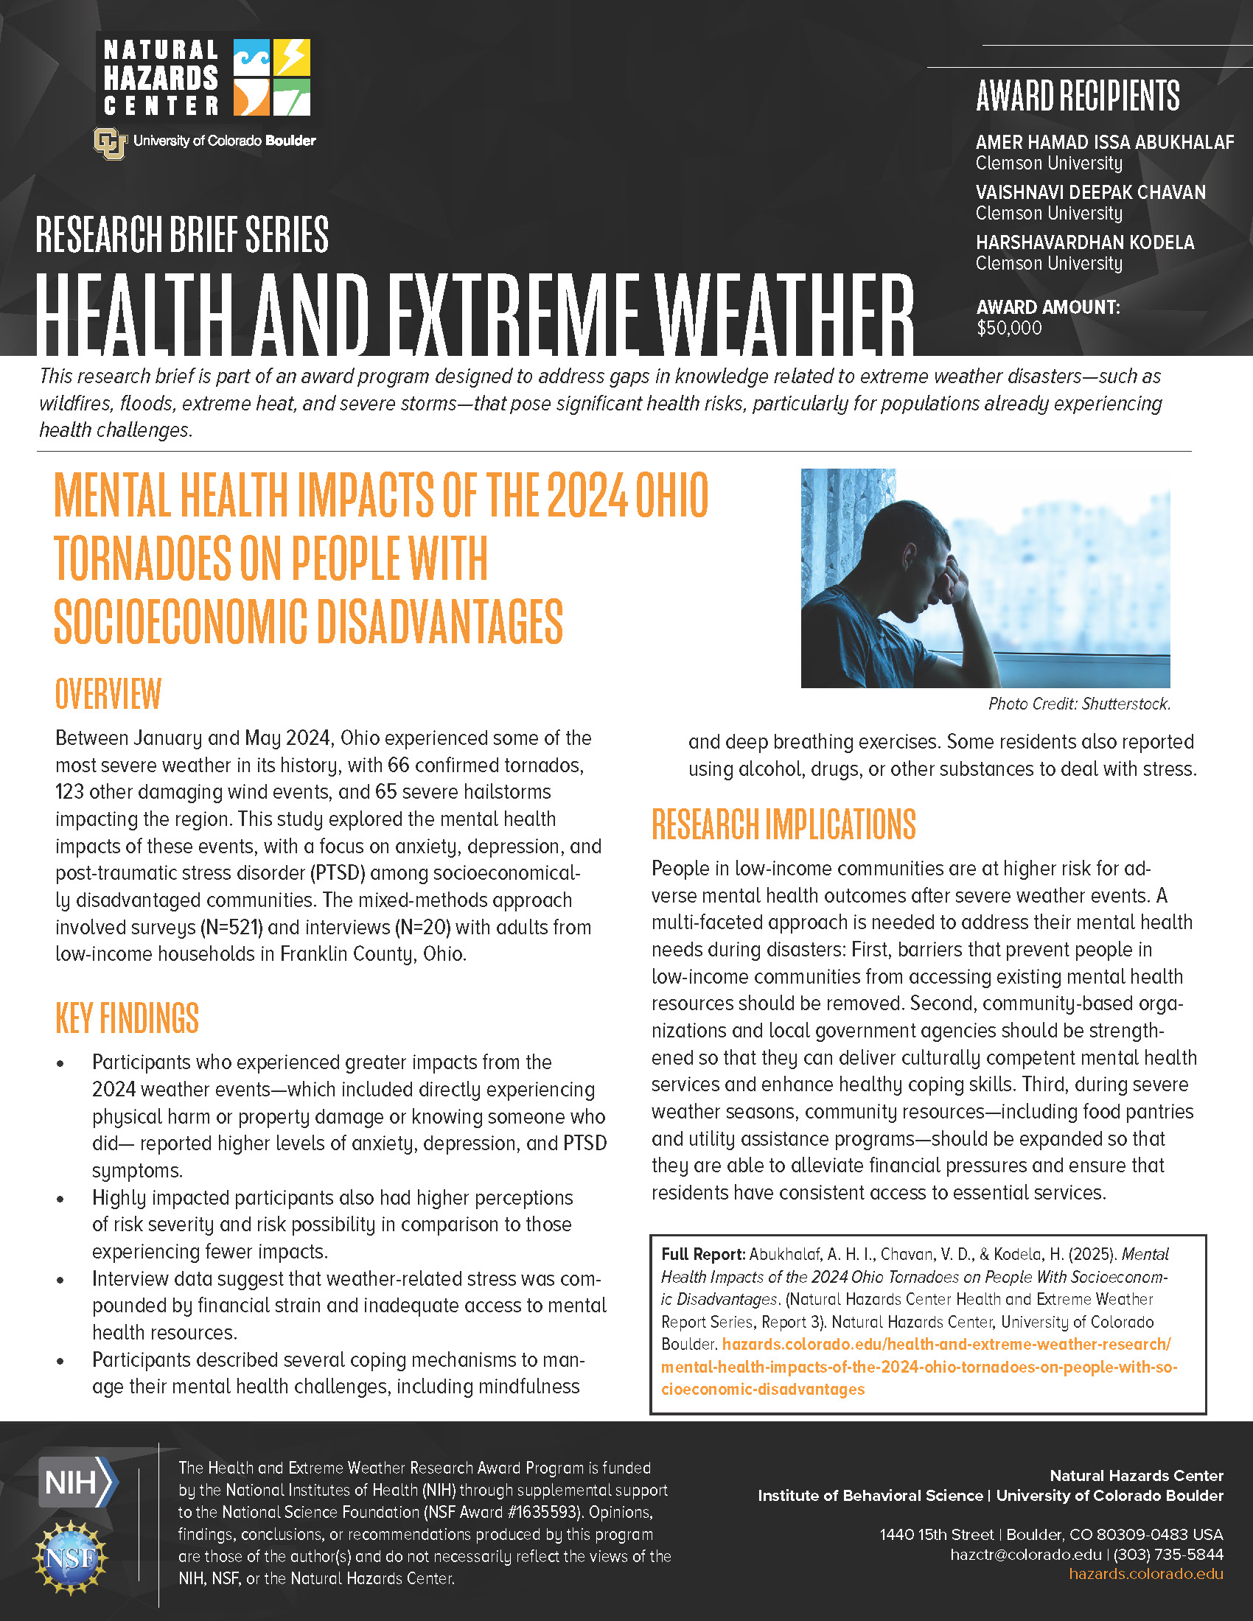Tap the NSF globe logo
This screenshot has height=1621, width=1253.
(x=71, y=1558)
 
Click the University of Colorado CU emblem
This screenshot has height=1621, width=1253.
(x=110, y=143)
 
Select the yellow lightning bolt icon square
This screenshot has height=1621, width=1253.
(x=292, y=57)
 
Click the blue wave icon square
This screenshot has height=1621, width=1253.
(x=251, y=57)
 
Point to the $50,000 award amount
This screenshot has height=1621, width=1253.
(x=1009, y=328)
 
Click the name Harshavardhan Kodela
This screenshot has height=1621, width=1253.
(x=1084, y=242)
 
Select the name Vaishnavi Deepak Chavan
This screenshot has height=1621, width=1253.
(x=1089, y=192)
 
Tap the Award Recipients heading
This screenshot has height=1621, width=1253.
(x=1077, y=96)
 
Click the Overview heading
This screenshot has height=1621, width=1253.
(x=108, y=694)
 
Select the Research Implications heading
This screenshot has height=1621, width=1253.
(x=783, y=824)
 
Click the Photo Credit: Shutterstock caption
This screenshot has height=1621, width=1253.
(x=1078, y=704)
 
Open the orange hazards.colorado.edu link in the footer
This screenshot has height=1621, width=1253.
(x=1145, y=1575)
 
